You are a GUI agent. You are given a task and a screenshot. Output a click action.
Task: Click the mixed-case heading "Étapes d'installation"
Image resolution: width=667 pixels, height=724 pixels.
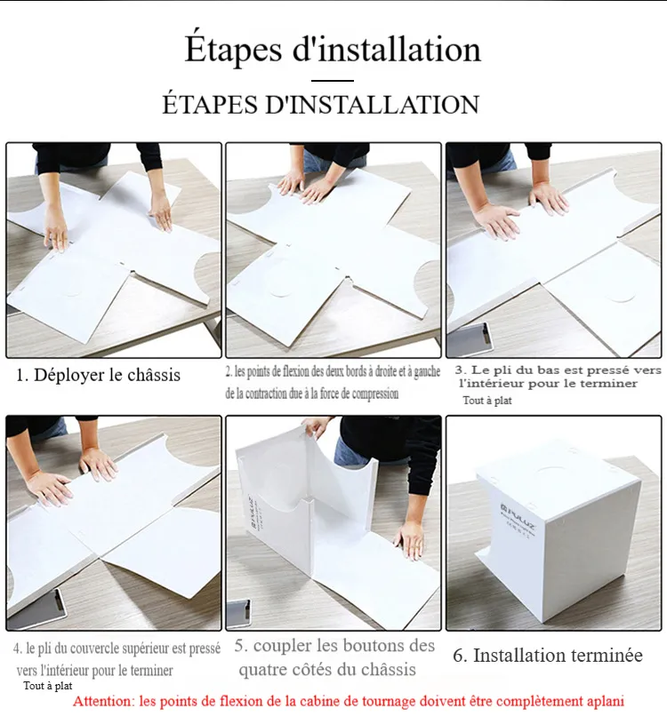coord(333,50)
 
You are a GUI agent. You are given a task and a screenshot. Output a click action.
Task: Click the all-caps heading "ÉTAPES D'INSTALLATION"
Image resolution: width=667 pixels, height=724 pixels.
coord(321,104)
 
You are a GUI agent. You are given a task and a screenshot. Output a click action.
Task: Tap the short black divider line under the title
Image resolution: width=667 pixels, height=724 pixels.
coord(333,80)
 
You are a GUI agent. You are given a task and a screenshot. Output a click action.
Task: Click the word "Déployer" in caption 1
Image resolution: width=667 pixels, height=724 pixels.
coord(68,376)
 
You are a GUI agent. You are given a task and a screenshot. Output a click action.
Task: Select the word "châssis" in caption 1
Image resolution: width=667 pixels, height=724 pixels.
coord(154,375)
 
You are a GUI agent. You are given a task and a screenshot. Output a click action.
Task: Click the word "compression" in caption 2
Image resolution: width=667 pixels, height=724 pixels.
coord(375,394)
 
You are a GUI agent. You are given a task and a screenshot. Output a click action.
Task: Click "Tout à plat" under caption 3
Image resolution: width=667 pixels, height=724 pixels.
coord(487,401)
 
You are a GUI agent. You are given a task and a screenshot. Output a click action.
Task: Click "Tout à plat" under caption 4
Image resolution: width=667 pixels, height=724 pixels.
coord(48,686)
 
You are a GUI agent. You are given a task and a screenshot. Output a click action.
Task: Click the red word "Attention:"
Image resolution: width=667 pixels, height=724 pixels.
coord(104,702)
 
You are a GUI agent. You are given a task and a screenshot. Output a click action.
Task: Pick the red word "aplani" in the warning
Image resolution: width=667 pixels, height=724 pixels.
coord(606,703)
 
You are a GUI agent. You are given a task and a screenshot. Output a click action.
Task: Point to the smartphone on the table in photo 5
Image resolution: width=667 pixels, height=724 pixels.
coord(239,614)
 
